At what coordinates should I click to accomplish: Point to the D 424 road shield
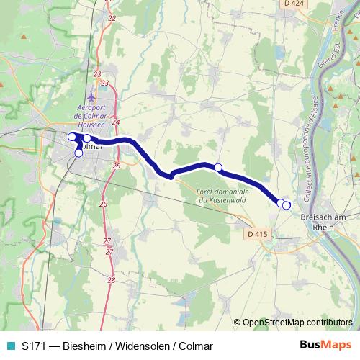[291, 4]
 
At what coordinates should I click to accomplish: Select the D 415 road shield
[257, 233]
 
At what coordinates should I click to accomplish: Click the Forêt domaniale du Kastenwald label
[222, 196]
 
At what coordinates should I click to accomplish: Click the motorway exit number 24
[115, 122]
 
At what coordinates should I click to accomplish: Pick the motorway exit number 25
[116, 166]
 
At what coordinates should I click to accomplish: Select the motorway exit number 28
[111, 279]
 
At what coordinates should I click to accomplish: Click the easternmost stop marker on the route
[287, 206]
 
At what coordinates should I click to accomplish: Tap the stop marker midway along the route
[218, 168]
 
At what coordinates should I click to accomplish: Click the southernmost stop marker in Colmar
[78, 153]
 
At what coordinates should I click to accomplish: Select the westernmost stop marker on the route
[72, 137]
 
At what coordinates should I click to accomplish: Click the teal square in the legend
[10, 345]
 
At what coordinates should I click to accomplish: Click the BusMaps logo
[325, 345]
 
